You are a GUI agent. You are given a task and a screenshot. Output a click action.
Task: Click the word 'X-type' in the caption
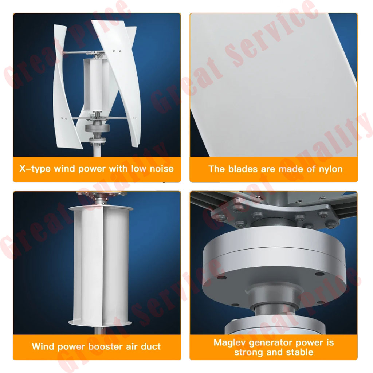(35, 169)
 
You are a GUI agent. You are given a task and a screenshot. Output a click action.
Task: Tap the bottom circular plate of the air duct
(100, 323)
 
